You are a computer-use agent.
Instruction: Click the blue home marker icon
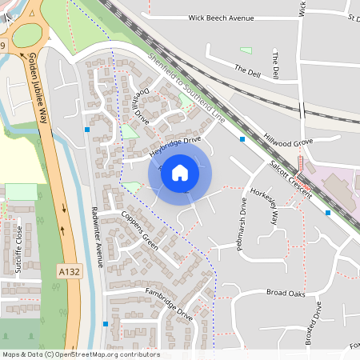pos(180,173)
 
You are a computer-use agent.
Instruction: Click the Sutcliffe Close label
pos(18,250)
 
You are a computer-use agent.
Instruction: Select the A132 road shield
pos(69,272)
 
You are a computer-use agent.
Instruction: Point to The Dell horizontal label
pos(248,69)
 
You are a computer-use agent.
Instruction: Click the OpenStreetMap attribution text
pos(81,354)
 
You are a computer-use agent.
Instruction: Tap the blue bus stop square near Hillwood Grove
pos(242,139)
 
